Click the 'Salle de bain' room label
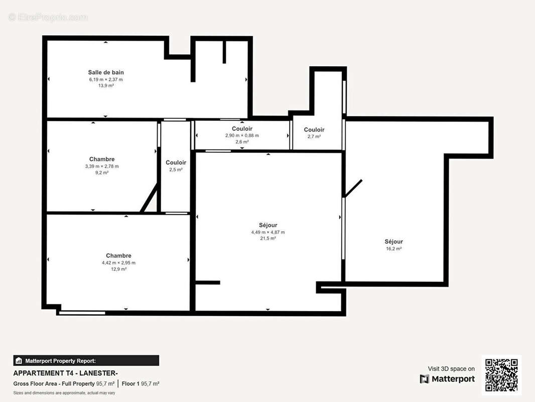106,72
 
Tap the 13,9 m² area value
106,85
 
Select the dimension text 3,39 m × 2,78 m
102,166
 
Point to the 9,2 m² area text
102,172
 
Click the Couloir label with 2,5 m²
176,162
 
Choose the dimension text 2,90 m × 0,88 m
242,136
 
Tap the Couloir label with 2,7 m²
314,130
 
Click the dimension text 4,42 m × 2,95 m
118,262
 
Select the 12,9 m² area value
118,269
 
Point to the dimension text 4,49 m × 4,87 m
268,232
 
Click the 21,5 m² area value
268,238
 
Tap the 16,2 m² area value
393,249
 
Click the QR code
501,375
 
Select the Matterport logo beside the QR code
447,379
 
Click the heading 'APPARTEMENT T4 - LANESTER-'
65,373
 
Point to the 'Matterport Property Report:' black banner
86,360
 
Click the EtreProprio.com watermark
48,18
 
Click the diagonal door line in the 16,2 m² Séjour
353,188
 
